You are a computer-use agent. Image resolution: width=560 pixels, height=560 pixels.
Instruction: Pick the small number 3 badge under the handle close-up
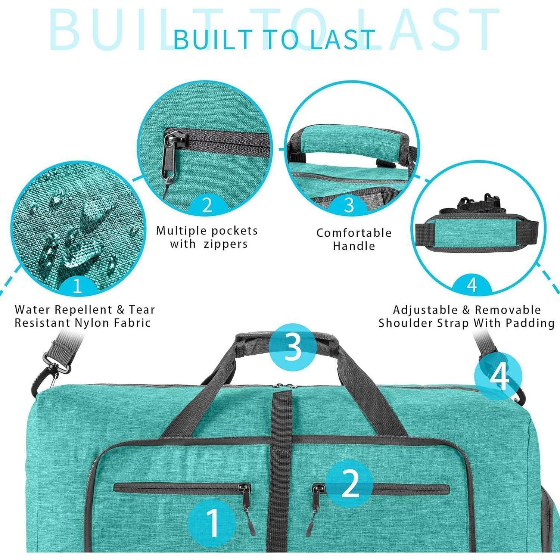coord(349,205)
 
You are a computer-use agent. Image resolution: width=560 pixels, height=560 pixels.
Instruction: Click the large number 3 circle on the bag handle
coord(293,347)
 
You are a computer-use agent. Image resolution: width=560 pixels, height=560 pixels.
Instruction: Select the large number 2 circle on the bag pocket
coord(349,484)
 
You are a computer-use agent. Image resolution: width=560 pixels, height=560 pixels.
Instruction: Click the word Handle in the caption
coord(354,246)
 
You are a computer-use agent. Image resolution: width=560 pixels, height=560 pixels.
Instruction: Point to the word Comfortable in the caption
coord(354,233)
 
